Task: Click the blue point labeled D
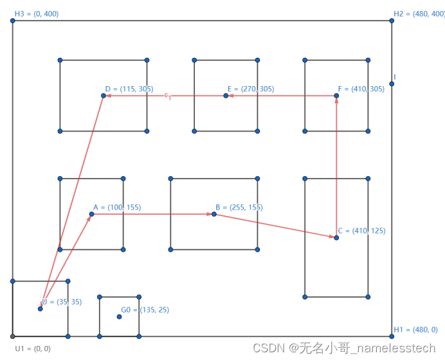tap(104, 96)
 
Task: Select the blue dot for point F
tap(336, 96)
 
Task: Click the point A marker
tap(91, 214)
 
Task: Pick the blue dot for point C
tap(336, 238)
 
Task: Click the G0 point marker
tap(119, 316)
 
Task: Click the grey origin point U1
tap(13, 336)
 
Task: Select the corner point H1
tap(392, 336)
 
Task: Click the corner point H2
tap(392, 21)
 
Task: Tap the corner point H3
tap(13, 21)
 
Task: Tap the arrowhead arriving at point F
tap(336, 101)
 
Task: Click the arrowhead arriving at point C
tap(331, 237)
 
